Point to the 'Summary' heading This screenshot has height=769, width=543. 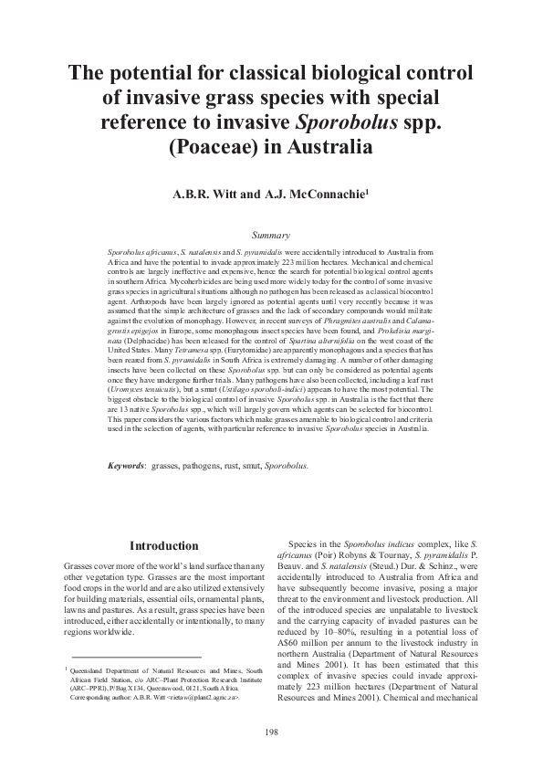[x=271, y=236]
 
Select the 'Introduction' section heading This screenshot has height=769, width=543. [x=164, y=546]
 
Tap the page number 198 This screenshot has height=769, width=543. [x=271, y=732]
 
